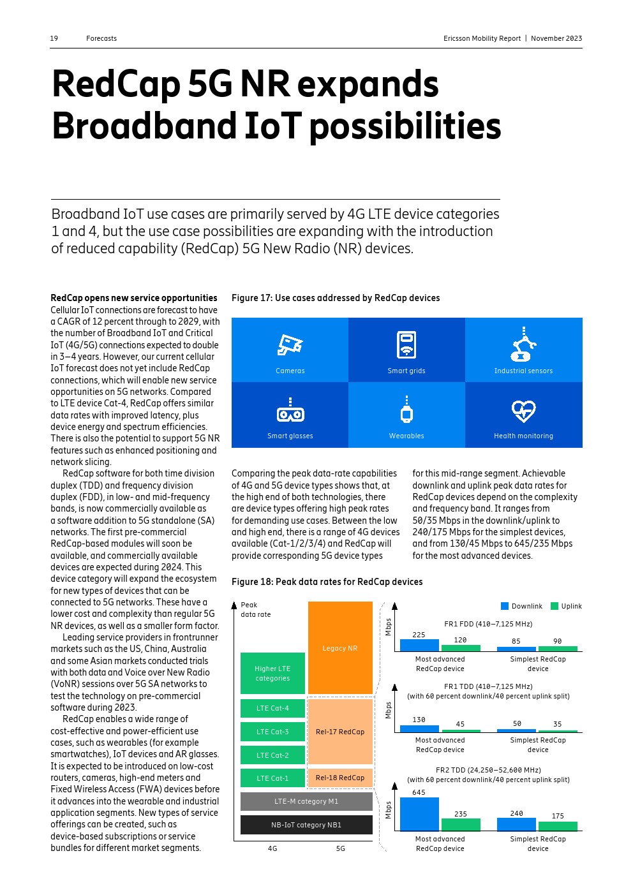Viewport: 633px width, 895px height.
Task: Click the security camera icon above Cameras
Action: click(x=290, y=345)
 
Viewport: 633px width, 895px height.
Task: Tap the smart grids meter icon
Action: click(x=406, y=344)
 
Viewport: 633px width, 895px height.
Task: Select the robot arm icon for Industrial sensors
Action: click(x=523, y=344)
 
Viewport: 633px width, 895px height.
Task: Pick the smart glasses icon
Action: click(x=290, y=411)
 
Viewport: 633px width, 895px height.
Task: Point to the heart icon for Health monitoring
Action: click(x=523, y=411)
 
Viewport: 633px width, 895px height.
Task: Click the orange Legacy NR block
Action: click(x=340, y=648)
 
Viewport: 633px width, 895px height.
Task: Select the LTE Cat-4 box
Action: click(x=272, y=708)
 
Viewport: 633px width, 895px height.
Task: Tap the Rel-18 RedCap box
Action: click(x=340, y=778)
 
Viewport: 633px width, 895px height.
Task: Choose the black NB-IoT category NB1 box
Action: click(x=306, y=825)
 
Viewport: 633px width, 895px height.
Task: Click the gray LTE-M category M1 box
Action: click(x=306, y=801)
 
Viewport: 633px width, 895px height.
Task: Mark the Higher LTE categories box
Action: click(x=272, y=674)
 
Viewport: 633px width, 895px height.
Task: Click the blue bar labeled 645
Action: click(x=419, y=814)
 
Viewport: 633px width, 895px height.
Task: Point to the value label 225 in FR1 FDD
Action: click(x=419, y=635)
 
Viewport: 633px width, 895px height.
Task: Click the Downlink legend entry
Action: click(x=522, y=606)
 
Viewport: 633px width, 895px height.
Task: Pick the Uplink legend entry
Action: click(x=567, y=606)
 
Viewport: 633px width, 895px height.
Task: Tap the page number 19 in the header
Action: click(x=54, y=38)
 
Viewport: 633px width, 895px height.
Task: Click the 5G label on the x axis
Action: click(x=341, y=848)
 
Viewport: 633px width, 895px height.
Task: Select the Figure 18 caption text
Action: click(x=327, y=582)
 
